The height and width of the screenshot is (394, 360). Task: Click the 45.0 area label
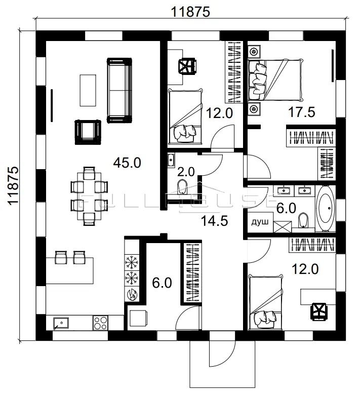(127, 163)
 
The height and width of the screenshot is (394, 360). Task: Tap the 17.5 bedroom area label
(302, 112)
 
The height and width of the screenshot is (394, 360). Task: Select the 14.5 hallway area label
(214, 221)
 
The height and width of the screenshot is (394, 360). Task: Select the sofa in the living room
(119, 90)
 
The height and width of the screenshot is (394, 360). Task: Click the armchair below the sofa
(87, 131)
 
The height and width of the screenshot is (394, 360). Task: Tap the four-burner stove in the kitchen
(100, 322)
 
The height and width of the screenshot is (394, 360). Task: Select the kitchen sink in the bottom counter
(61, 322)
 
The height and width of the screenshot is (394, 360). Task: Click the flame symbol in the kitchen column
(132, 293)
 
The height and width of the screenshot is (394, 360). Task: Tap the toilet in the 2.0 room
(183, 185)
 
